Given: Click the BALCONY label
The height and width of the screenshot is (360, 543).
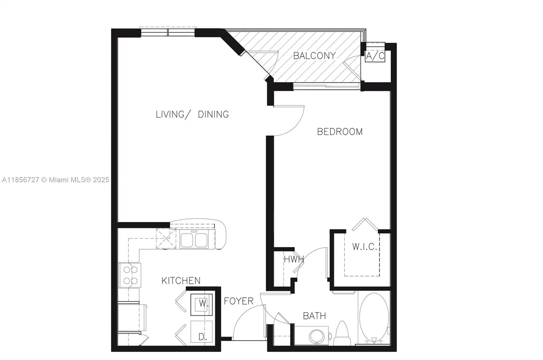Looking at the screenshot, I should click(314, 56).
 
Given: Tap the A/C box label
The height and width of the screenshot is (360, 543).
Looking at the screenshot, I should click(375, 56).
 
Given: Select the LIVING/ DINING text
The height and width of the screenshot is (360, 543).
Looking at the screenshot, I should click(192, 114).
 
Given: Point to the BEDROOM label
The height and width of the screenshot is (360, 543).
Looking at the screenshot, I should click(340, 132).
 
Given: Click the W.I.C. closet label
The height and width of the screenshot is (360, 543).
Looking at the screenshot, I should click(364, 247).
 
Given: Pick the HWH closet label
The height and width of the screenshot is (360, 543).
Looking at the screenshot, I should click(294, 260).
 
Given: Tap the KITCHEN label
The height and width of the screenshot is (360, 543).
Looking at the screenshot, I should click(181, 281).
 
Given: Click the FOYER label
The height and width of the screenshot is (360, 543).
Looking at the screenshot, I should click(239, 301).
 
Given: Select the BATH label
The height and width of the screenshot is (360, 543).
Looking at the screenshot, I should click(314, 316).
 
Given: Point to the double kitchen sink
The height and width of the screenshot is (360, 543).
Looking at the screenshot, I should click(194, 240).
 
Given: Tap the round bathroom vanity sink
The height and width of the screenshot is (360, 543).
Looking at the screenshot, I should click(317, 336).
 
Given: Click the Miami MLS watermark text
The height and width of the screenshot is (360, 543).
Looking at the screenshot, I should click(55, 179).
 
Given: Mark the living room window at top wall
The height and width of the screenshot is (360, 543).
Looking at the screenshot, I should click(168, 32).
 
